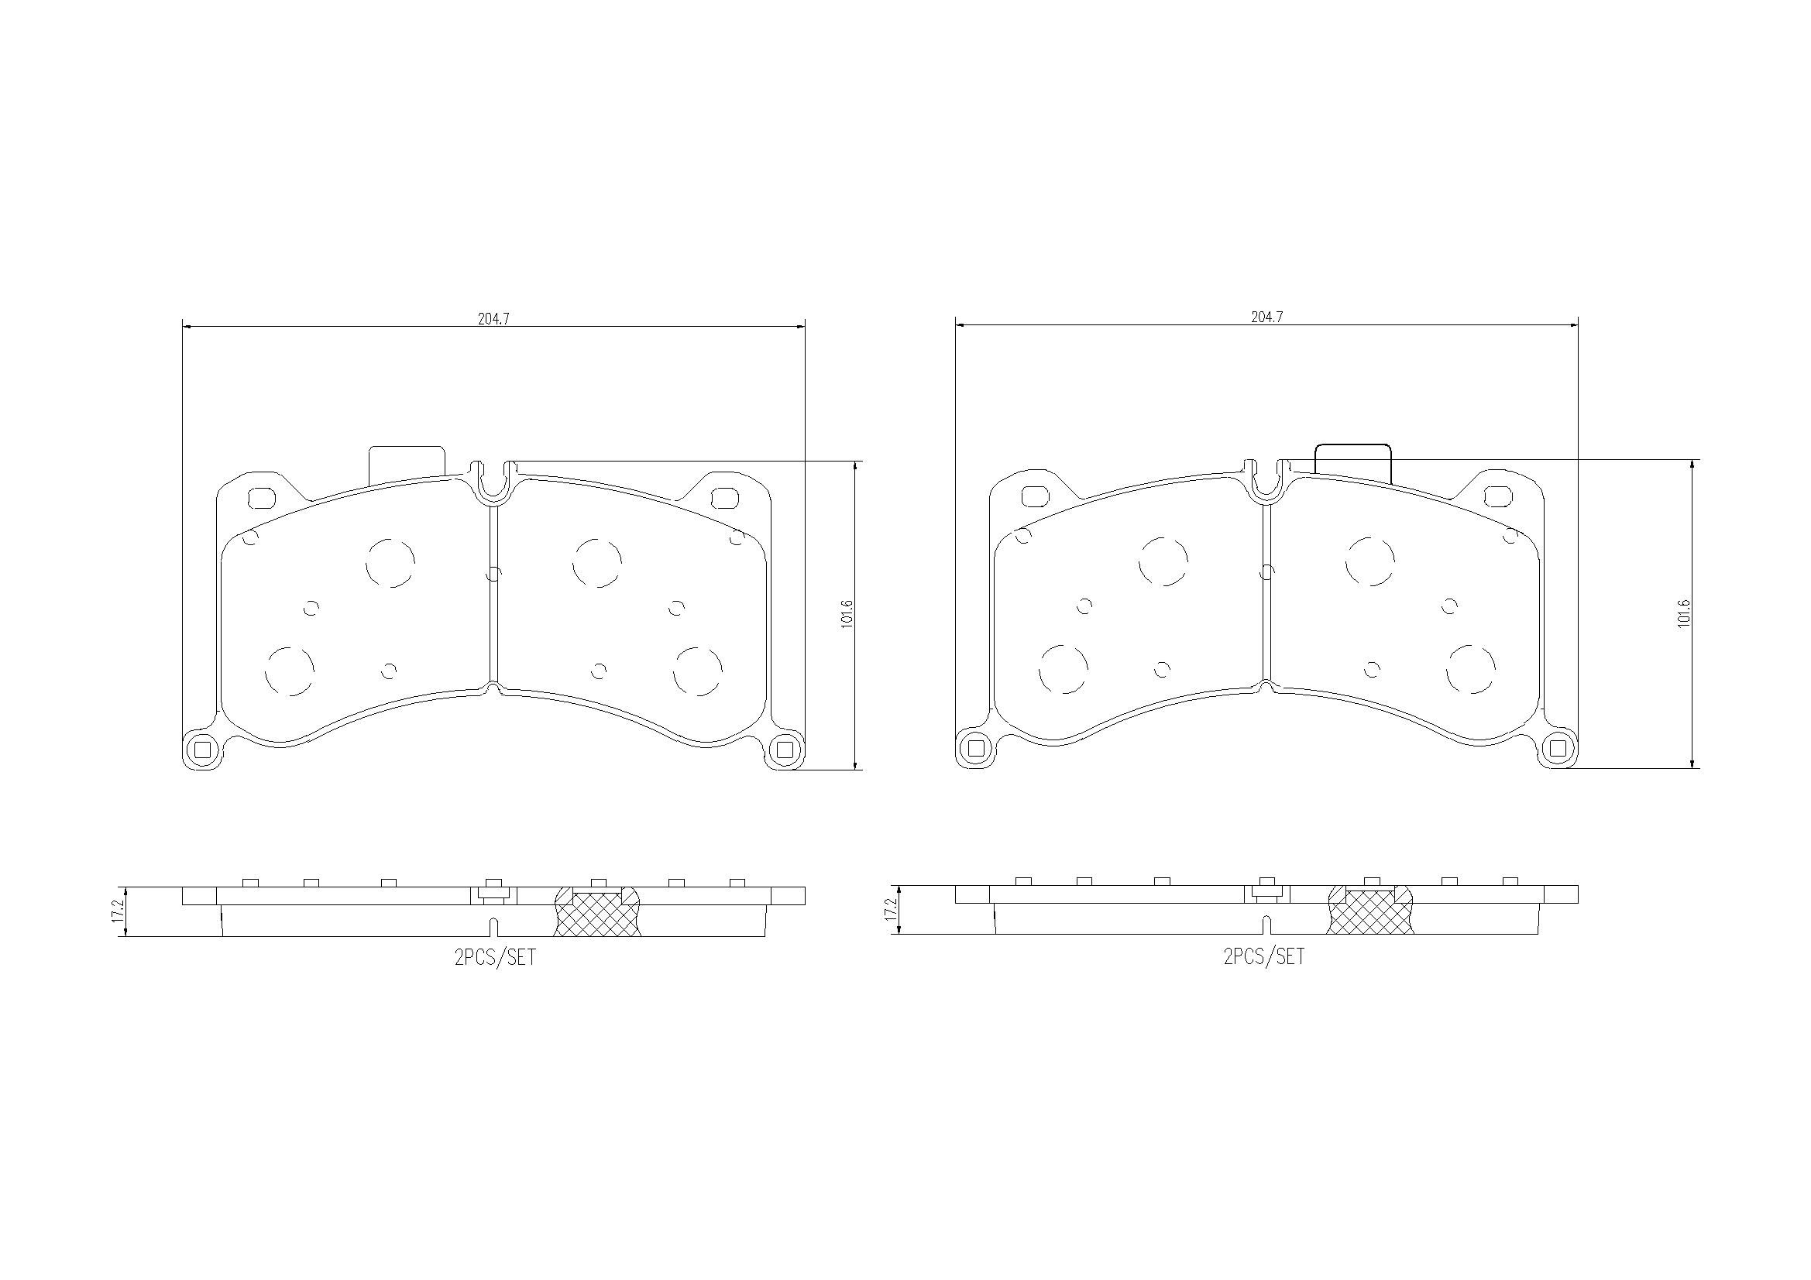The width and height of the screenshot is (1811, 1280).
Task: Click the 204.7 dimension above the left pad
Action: pos(493,318)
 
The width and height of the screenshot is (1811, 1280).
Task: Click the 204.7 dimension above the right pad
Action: pos(1266,317)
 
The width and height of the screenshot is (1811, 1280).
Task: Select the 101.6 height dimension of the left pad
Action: pos(847,613)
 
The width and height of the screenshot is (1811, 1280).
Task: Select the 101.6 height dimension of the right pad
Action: pos(1684,612)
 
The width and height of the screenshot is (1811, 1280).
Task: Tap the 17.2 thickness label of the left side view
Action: pos(118,911)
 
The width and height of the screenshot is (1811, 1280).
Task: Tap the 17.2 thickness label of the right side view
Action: pos(891,910)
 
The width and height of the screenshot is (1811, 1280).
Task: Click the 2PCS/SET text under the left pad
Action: pos(494,957)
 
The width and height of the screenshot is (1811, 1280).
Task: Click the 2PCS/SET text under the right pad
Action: pos(1263,956)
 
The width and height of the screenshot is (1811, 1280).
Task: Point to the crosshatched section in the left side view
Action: pos(598,915)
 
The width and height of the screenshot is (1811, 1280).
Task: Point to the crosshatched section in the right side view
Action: pos(1371,913)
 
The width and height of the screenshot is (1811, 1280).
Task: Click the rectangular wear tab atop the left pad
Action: pos(407,463)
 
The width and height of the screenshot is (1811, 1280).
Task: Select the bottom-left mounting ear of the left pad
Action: pos(203,750)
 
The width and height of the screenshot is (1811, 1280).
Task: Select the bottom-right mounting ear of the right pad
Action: pos(1558,748)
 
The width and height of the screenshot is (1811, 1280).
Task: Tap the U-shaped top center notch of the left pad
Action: pos(493,481)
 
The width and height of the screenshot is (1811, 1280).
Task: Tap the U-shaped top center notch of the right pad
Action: pos(1266,479)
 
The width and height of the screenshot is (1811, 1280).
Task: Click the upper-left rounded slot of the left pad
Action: pos(261,499)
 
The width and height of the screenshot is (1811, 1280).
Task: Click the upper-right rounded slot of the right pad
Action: pos(1497,496)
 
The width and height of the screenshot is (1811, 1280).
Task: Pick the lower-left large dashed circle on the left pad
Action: pos(290,671)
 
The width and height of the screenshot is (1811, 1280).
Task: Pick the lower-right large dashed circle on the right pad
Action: pos(1471,669)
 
